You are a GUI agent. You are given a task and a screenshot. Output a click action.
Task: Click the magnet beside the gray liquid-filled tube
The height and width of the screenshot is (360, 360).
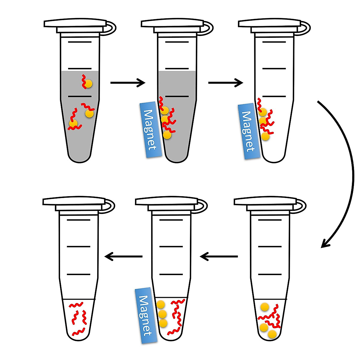click(x=151, y=130)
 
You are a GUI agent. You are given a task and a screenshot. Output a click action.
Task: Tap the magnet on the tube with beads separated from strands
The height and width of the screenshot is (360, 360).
click(x=146, y=316)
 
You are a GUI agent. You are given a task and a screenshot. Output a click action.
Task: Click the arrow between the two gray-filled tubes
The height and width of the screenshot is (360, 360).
click(x=127, y=82)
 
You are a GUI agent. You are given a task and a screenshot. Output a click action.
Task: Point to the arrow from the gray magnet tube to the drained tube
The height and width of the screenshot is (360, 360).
click(x=225, y=82)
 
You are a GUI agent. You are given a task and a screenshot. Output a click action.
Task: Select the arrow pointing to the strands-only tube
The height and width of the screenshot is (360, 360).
click(x=123, y=256)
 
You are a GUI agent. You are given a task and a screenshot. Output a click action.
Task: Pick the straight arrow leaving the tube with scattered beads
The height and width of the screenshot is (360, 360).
click(x=219, y=256)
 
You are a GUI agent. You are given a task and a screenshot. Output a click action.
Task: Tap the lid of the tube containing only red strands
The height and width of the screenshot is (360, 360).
click(x=75, y=201)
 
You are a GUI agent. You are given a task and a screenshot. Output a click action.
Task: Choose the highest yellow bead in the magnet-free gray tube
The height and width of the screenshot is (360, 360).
click(x=88, y=84)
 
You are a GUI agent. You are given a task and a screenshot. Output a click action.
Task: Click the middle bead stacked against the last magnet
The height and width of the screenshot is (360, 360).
click(x=162, y=314)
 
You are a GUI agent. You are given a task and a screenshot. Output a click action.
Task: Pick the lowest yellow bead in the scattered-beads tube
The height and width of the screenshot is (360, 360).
click(x=272, y=334)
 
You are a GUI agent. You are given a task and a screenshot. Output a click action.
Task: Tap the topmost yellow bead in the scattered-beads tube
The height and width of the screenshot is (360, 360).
click(x=264, y=307)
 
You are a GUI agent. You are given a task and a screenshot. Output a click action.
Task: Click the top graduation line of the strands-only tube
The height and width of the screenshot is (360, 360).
click(x=79, y=220)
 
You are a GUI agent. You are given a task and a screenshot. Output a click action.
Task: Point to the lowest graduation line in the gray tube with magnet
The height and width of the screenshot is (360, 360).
click(x=177, y=96)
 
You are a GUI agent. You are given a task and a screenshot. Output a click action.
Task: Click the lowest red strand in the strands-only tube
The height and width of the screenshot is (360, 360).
click(x=78, y=332)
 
